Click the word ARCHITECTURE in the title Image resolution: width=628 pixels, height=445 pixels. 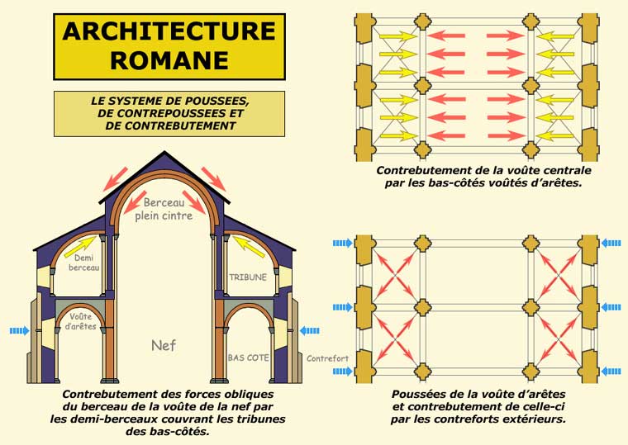(x=169, y=31)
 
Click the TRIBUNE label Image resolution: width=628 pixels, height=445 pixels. (x=247, y=277)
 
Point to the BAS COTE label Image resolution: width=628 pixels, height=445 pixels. (x=247, y=358)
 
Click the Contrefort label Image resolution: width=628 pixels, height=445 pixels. (x=323, y=359)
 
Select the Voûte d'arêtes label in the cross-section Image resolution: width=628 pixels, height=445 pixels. (x=81, y=321)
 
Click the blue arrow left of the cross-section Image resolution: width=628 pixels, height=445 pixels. (x=19, y=331)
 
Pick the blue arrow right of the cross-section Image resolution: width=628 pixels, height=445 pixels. (x=310, y=331)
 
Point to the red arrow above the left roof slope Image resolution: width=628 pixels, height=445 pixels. (x=116, y=176)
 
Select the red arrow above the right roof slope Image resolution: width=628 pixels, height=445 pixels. (x=213, y=176)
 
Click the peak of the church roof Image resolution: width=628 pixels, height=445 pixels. (x=164, y=152)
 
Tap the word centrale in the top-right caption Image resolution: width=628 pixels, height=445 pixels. (x=563, y=170)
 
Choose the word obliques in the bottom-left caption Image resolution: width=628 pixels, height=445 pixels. (x=245, y=395)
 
